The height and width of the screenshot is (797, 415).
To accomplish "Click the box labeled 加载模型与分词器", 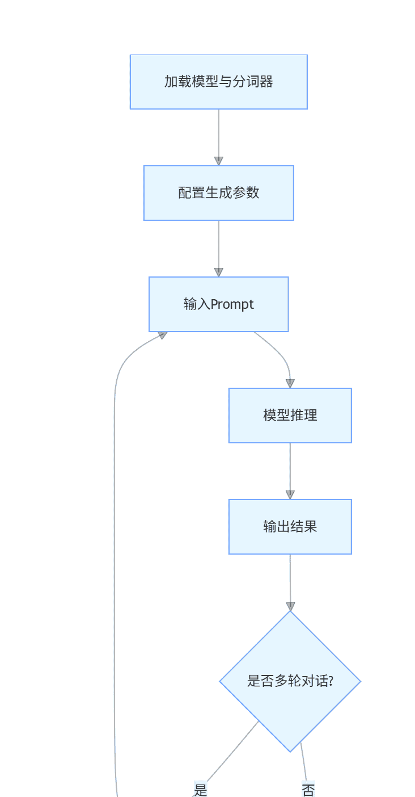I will [x=218, y=82].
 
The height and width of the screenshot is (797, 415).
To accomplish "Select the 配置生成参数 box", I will [x=218, y=193].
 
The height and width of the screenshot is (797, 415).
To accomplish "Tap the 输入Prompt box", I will [x=218, y=304].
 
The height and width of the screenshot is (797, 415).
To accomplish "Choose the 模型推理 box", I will [x=290, y=416].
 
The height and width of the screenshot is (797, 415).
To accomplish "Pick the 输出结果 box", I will [x=290, y=527].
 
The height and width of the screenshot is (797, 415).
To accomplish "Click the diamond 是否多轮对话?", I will [x=290, y=681].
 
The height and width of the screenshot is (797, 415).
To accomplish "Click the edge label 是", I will [x=200, y=790].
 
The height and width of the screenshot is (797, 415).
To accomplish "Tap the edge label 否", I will [x=308, y=790].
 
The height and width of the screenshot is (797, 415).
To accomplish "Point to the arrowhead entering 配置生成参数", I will [x=219, y=161].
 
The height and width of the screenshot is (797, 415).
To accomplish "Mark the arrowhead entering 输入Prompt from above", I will [x=219, y=272].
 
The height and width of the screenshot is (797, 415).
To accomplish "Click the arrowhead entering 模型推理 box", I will [x=290, y=383].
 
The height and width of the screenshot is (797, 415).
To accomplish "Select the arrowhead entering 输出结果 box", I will [x=290, y=494].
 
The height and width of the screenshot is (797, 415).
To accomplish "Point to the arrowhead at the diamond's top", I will [x=290, y=606].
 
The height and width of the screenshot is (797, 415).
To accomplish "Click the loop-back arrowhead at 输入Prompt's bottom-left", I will [x=163, y=335].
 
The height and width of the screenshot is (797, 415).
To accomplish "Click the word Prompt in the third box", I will [x=232, y=305].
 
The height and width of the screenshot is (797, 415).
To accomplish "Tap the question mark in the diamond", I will [x=330, y=681].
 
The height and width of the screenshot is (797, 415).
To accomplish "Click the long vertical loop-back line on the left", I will [x=115, y=568].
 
